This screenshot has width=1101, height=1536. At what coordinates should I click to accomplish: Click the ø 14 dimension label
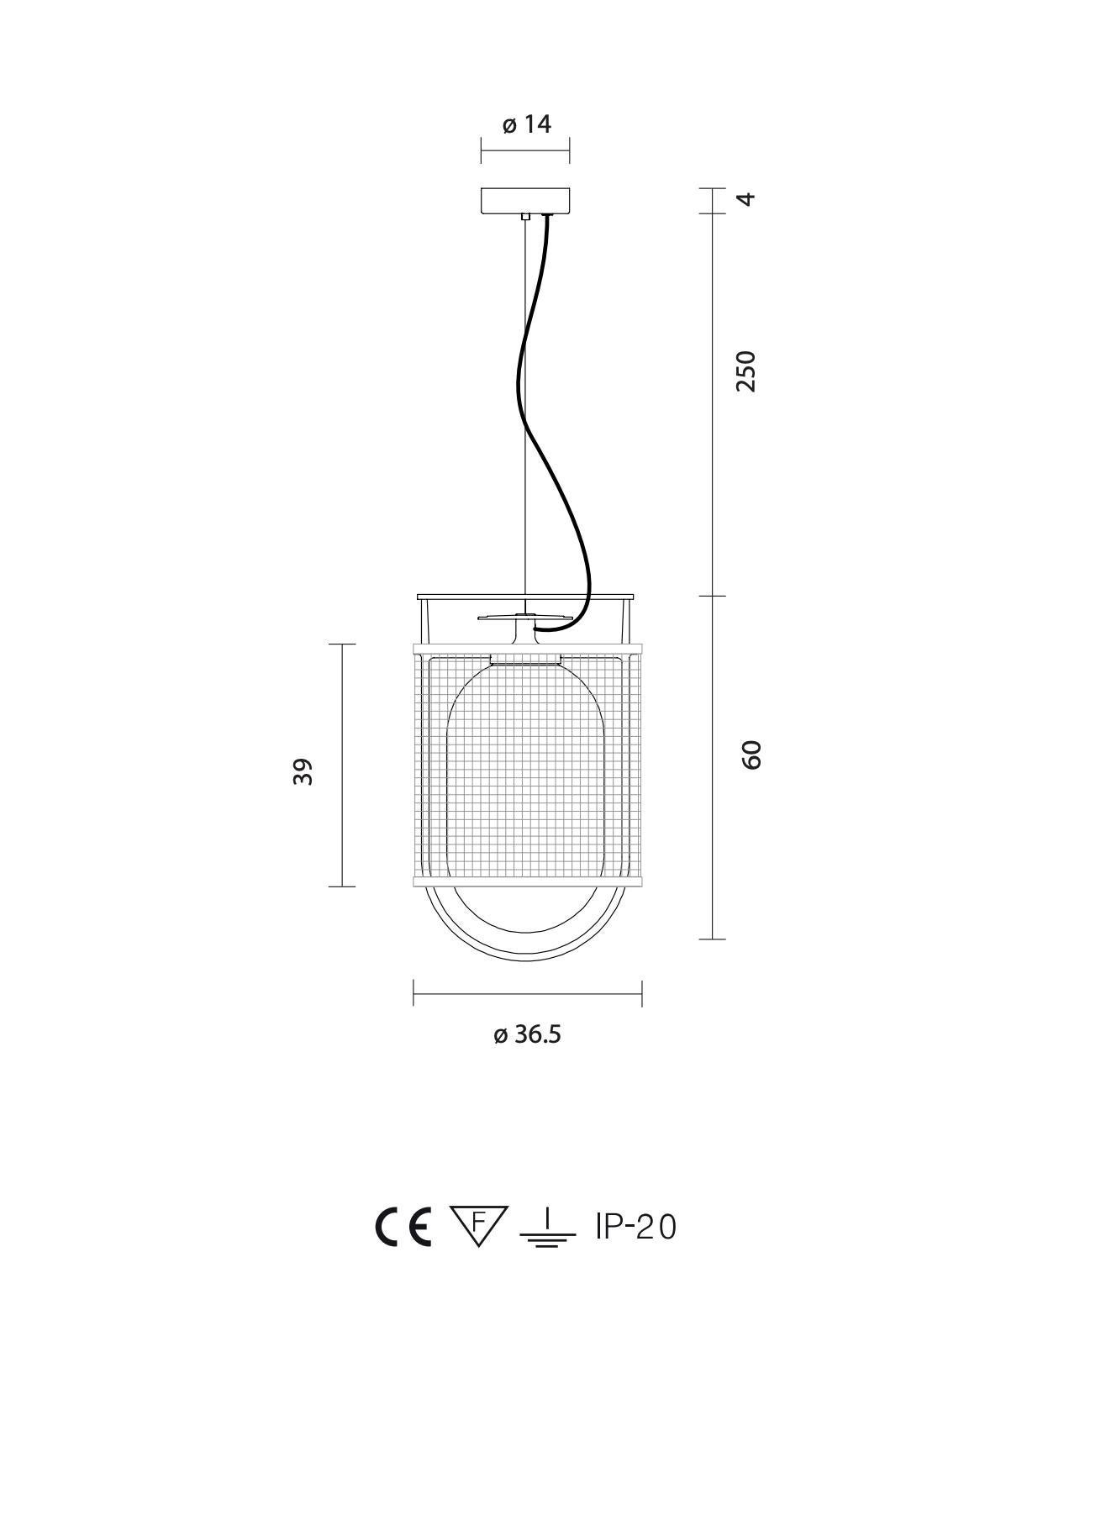tap(526, 125)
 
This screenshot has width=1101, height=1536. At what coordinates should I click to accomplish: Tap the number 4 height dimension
tap(745, 199)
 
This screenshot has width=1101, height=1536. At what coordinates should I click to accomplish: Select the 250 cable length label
tap(745, 371)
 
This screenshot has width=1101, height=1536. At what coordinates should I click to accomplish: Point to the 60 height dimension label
tap(751, 754)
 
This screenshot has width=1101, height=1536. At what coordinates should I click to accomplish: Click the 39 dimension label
tap(303, 771)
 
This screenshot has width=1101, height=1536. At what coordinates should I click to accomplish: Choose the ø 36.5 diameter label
tap(527, 1034)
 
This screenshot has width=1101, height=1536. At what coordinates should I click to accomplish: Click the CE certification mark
tap(403, 1227)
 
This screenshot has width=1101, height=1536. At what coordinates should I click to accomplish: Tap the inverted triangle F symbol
tap(478, 1224)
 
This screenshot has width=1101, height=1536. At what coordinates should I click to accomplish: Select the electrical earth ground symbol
tap(547, 1228)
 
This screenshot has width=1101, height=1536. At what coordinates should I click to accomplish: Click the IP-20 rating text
tap(635, 1228)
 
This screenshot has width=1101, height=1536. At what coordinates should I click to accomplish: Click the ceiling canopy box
tap(525, 201)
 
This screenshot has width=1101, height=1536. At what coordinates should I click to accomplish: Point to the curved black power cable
tap(528, 403)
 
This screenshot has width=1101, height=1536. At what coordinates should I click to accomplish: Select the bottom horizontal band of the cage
tap(527, 880)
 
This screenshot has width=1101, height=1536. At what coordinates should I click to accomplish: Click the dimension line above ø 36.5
tap(527, 993)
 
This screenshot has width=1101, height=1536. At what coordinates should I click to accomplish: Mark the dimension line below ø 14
tap(525, 151)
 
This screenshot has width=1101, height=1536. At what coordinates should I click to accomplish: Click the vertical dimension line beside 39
tap(342, 765)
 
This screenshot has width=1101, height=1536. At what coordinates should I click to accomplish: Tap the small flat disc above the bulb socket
tap(523, 618)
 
